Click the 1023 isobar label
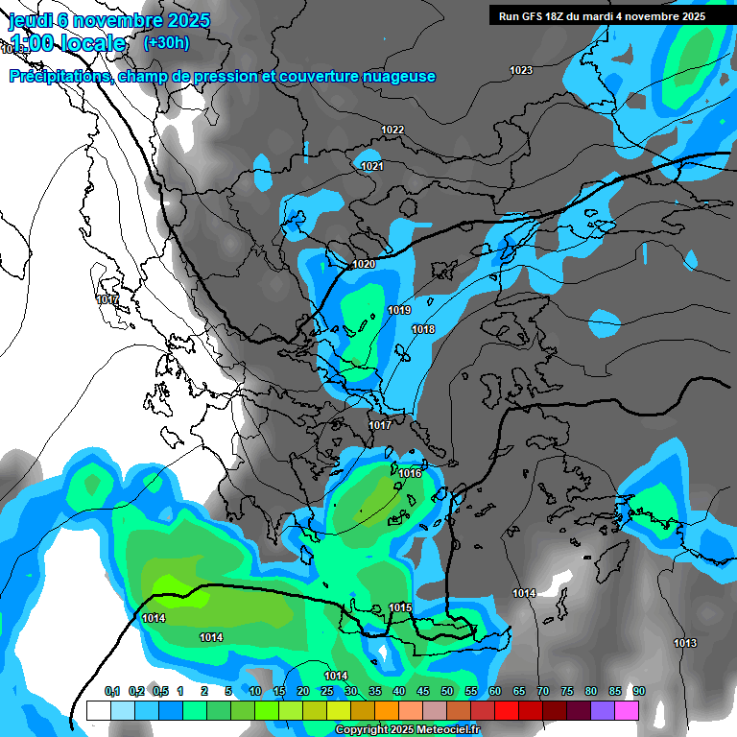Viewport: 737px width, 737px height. pyautogui.click(x=521, y=70)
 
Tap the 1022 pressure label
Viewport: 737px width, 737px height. pyautogui.click(x=392, y=130)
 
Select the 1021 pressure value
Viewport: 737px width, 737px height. pyautogui.click(x=372, y=166)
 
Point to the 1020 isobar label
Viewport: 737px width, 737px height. pyautogui.click(x=364, y=264)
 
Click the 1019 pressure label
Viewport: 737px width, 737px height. pyautogui.click(x=399, y=310)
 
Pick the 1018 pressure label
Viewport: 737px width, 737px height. pyautogui.click(x=423, y=329)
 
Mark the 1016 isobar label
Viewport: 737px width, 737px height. pyautogui.click(x=411, y=473)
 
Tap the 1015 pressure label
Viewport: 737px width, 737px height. pyautogui.click(x=400, y=607)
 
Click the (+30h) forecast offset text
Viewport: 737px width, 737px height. pyautogui.click(x=166, y=42)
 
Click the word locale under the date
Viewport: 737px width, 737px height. pyautogui.click(x=90, y=43)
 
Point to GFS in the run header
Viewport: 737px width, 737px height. pyautogui.click(x=536, y=15)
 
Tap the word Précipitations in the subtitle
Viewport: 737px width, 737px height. pyautogui.click(x=58, y=76)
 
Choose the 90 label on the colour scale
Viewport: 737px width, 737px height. pyautogui.click(x=638, y=691)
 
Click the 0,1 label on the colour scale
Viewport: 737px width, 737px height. pyautogui.click(x=112, y=691)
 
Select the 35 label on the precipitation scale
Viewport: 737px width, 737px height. pyautogui.click(x=375, y=691)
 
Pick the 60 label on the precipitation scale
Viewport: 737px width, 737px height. pyautogui.click(x=495, y=691)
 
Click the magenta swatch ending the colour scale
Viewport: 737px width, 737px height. pyautogui.click(x=627, y=710)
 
